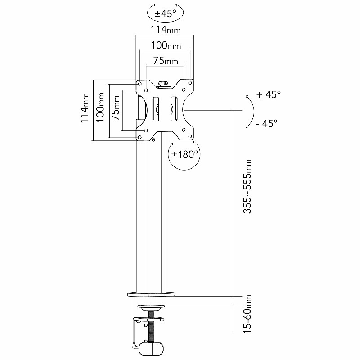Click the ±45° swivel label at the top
165,13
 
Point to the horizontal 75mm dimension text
165,61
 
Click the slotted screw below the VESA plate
154,140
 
